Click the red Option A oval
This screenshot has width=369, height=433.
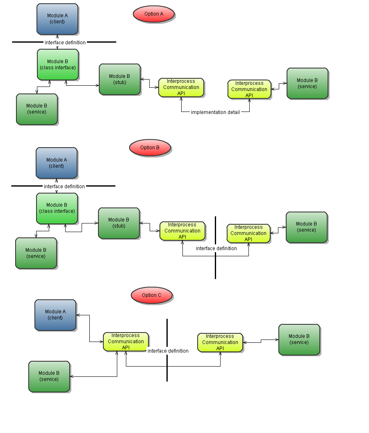click(154, 14)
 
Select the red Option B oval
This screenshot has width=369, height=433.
click(150, 148)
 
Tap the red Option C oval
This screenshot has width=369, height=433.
click(152, 295)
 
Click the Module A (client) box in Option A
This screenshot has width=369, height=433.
click(57, 19)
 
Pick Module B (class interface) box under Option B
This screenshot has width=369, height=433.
click(57, 208)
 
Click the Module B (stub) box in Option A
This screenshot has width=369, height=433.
click(120, 79)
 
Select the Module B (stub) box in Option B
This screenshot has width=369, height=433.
click(119, 223)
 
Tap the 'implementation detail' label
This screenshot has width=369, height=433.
click(215, 112)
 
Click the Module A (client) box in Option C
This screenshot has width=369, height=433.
click(55, 314)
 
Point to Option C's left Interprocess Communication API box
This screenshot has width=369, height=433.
click(126, 342)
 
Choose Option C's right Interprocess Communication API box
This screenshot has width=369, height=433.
click(220, 342)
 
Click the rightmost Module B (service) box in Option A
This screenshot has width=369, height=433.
click(307, 83)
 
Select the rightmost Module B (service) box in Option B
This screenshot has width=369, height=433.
click(306, 227)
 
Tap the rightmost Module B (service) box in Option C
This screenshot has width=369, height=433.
click(299, 339)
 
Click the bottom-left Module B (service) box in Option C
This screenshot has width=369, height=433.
click(49, 376)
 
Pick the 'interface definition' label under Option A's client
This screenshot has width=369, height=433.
click(65, 43)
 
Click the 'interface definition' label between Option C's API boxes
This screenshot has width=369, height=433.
click(168, 351)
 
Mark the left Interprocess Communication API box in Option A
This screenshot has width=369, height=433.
click(181, 87)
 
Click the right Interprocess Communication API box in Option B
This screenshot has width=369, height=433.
click(248, 233)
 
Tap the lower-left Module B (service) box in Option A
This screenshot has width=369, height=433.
click(36, 109)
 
